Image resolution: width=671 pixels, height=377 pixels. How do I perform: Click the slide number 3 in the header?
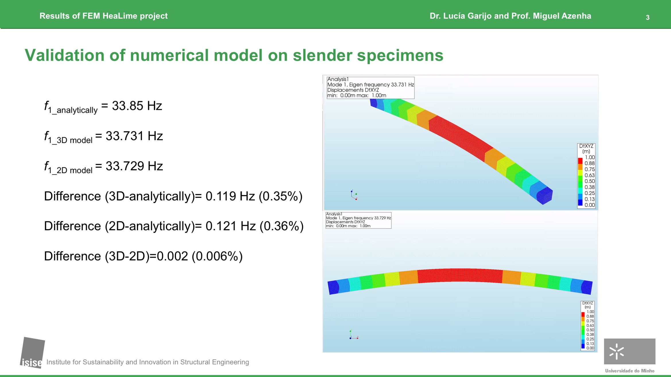pyautogui.click(x=647, y=17)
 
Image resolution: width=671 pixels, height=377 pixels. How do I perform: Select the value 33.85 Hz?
pyautogui.click(x=137, y=106)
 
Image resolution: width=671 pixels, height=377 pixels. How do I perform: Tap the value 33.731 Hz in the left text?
pyautogui.click(x=134, y=136)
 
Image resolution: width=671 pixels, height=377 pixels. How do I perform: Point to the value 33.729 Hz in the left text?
pyautogui.click(x=134, y=166)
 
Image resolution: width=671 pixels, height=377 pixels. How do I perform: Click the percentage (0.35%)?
pyautogui.click(x=281, y=196)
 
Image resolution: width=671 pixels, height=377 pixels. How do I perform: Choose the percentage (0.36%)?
pyautogui.click(x=281, y=226)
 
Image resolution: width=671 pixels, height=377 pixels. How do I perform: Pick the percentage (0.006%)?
pyautogui.click(x=217, y=256)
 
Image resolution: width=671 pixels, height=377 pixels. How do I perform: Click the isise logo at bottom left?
pyautogui.click(x=32, y=353)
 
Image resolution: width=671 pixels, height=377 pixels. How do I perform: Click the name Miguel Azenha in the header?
pyautogui.click(x=562, y=16)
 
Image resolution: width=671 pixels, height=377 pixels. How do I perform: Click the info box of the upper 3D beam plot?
pyautogui.click(x=371, y=88)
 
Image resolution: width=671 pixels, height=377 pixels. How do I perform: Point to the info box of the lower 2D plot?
pyautogui.click(x=358, y=220)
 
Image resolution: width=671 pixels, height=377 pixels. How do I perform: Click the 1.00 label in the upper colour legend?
pyautogui.click(x=590, y=157)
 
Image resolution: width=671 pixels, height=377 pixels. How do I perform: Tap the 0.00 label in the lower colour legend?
pyautogui.click(x=590, y=348)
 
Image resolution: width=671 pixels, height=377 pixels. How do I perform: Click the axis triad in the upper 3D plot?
pyautogui.click(x=354, y=195)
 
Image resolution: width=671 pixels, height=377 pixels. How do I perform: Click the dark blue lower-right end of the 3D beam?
pyautogui.click(x=544, y=196)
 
